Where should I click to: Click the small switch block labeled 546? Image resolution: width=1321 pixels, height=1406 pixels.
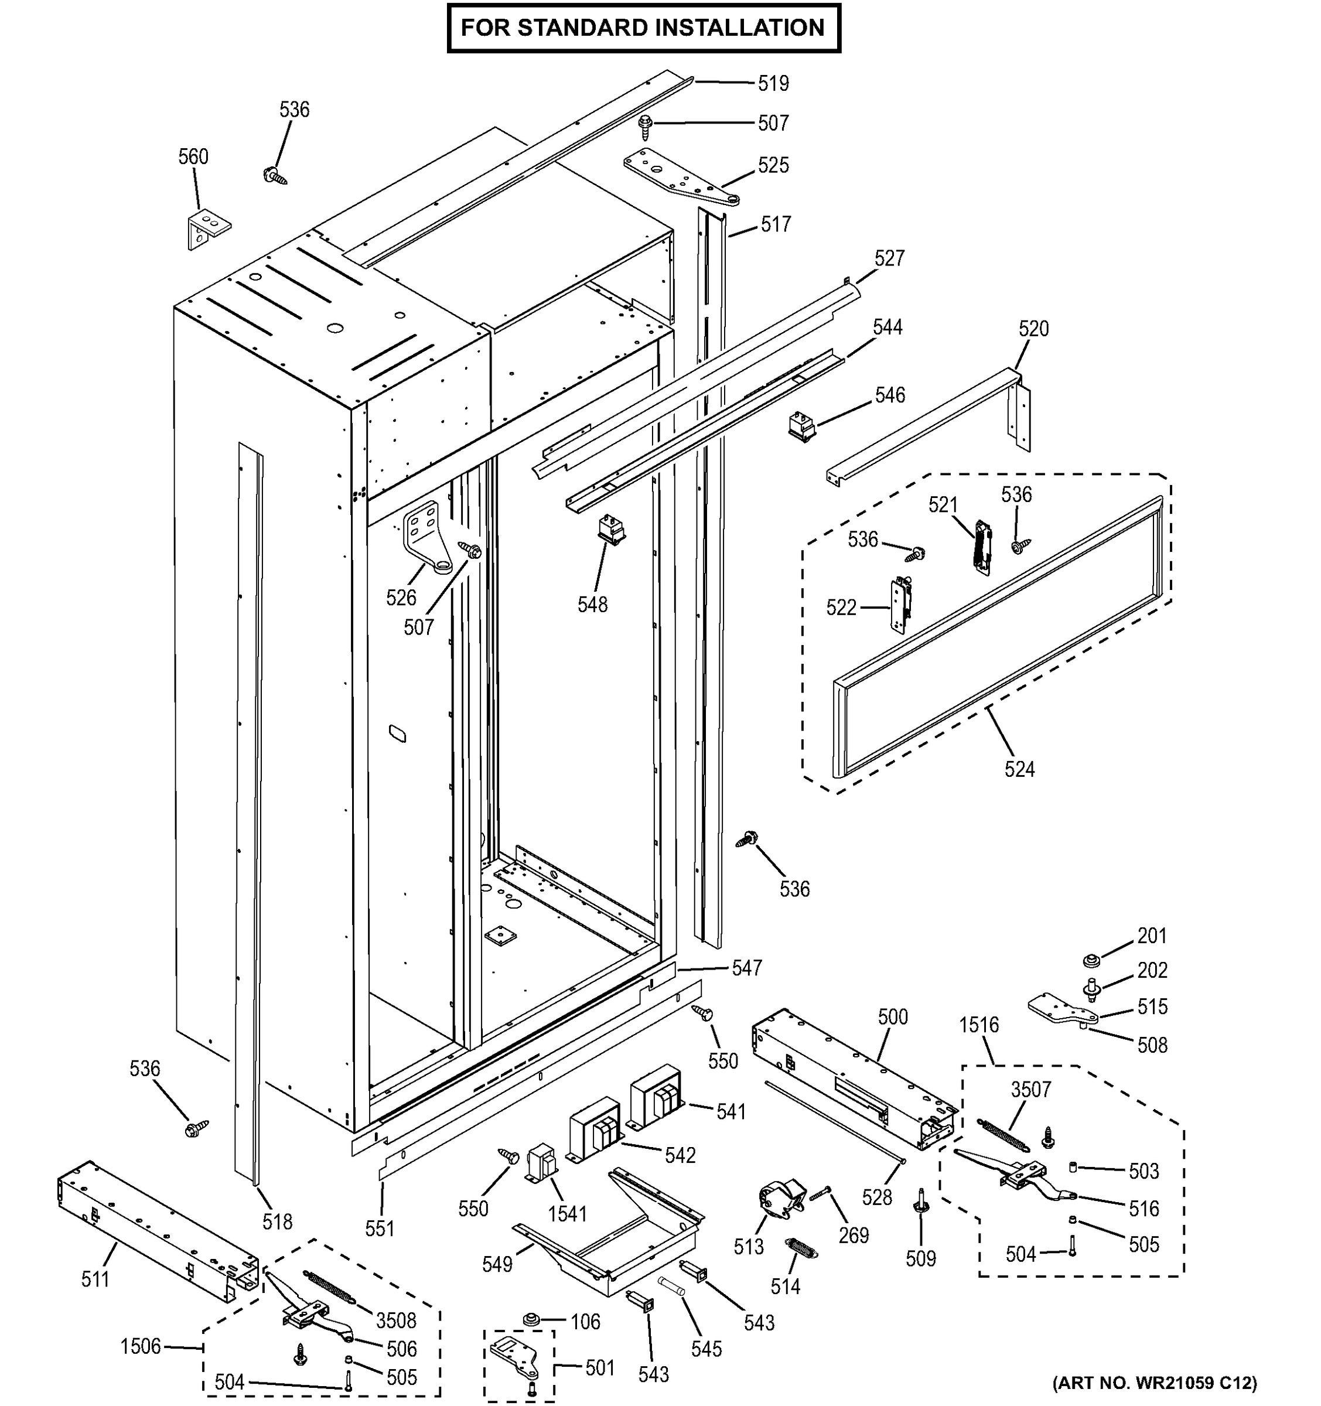click(x=802, y=428)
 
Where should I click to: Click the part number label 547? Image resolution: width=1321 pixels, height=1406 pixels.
click(x=747, y=968)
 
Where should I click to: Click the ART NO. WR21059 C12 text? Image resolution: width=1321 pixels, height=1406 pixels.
click(x=1155, y=1383)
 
